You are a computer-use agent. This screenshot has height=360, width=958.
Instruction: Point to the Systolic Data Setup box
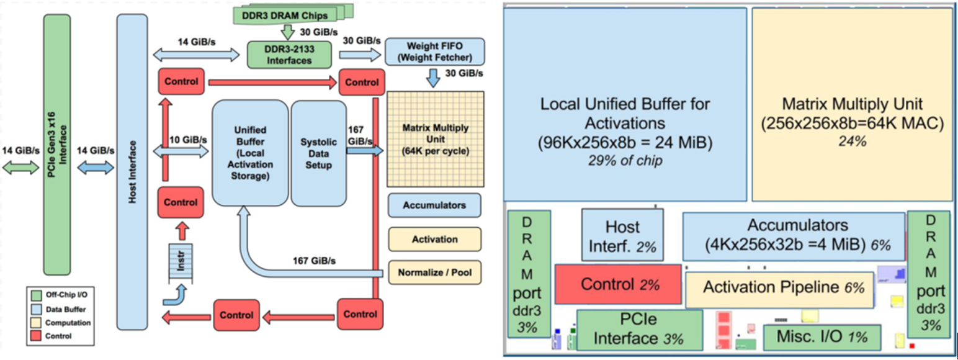[x=318, y=153]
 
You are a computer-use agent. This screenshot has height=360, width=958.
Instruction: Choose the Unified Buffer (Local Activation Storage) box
[x=250, y=153]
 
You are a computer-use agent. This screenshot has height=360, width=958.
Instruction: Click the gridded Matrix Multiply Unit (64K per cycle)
[x=436, y=139]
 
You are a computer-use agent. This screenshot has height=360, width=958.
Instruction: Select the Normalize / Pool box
[x=434, y=272]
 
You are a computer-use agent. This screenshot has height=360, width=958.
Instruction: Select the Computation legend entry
[x=58, y=323]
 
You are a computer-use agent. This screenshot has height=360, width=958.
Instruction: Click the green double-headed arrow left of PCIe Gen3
[x=18, y=166]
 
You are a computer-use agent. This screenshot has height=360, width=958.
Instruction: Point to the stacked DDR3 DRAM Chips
[x=291, y=14]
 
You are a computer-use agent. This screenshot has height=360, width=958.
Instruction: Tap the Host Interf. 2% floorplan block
[x=622, y=235]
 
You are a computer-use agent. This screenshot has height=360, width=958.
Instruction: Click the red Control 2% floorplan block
[x=619, y=284]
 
